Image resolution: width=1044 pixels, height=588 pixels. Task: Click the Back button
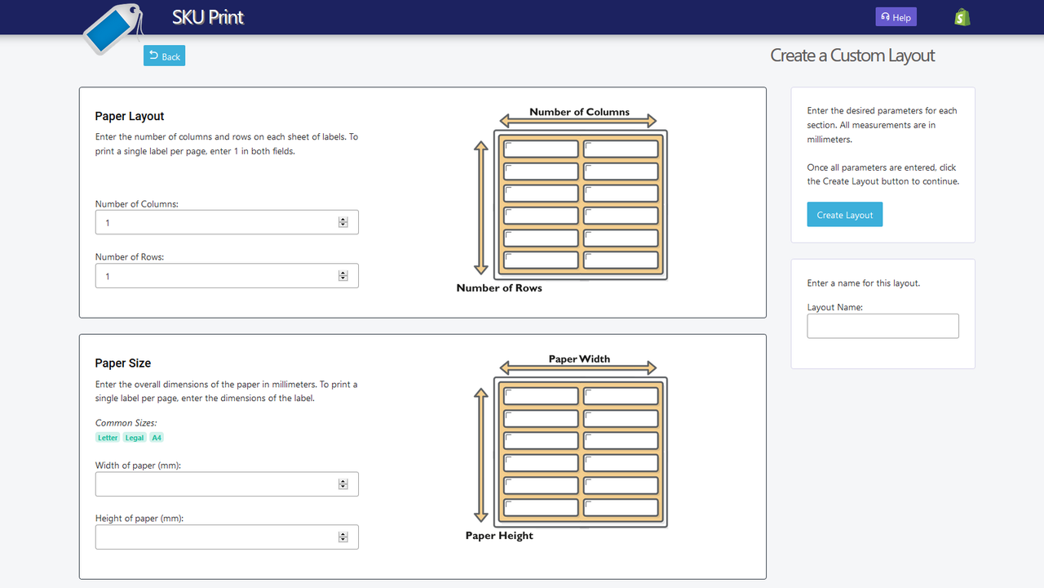coord(164,56)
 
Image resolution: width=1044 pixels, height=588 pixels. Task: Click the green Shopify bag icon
coord(962,17)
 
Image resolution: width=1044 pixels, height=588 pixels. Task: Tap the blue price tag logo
coord(113,29)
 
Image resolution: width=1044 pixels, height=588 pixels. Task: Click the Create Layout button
coord(844,215)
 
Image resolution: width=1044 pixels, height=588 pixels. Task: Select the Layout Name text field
coord(883,326)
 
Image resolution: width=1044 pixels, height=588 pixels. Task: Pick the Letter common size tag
coord(108,438)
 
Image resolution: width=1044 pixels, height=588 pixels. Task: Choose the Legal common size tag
coord(135,438)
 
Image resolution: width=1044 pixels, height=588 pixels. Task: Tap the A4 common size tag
coord(157,438)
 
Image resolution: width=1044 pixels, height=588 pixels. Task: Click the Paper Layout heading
coord(130,116)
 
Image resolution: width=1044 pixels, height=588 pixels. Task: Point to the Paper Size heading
coord(123,363)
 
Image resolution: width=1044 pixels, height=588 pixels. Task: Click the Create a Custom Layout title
coord(852,56)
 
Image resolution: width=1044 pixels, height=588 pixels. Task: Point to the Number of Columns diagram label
coord(579,112)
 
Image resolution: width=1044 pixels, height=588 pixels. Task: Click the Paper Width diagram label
coord(579,359)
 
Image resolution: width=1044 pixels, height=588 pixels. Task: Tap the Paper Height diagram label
coord(499,536)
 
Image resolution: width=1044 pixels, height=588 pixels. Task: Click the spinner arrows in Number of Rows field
coord(343,276)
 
